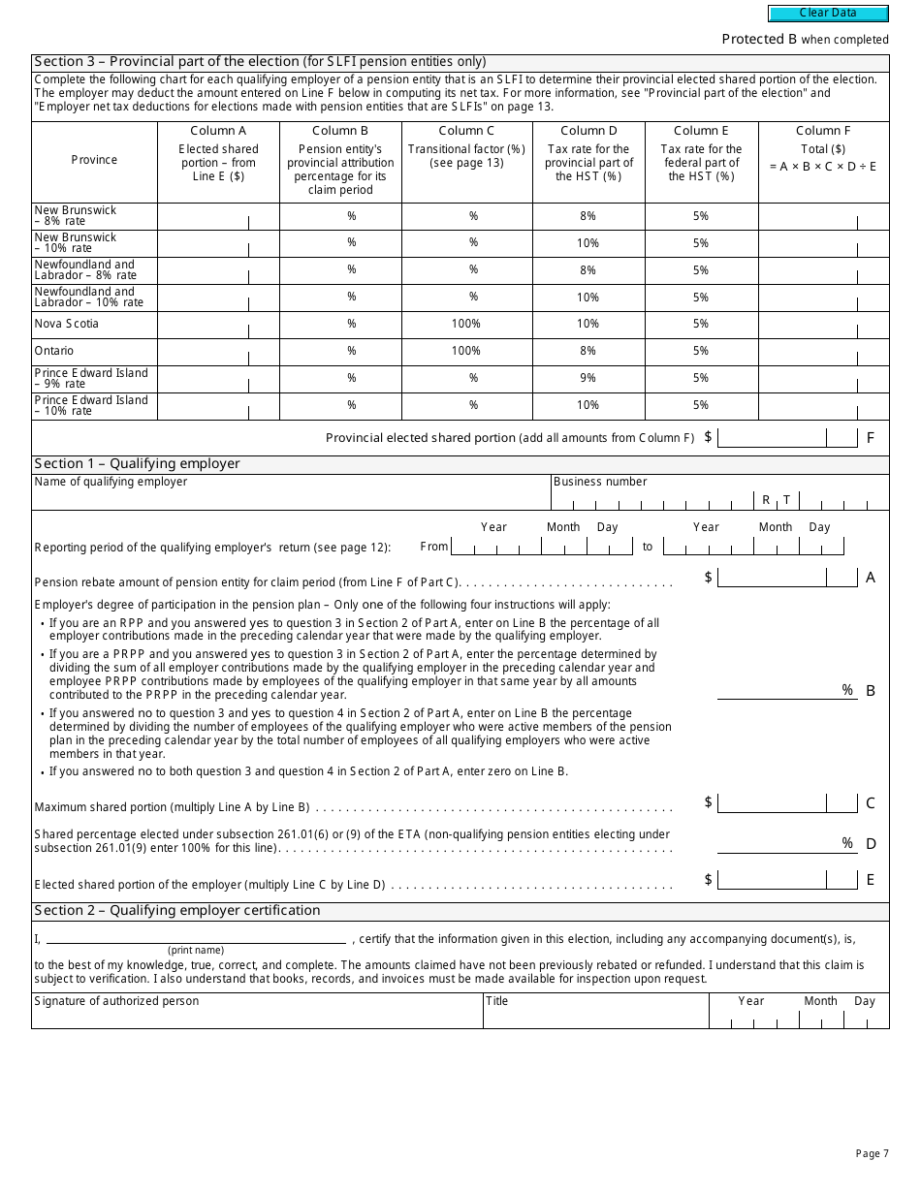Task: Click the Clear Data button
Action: (828, 14)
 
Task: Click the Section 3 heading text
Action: (260, 62)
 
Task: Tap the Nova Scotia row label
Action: (67, 324)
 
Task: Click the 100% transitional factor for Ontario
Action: (466, 351)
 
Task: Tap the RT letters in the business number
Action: (776, 500)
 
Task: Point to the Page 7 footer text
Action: (872, 1153)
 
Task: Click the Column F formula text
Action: (823, 167)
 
